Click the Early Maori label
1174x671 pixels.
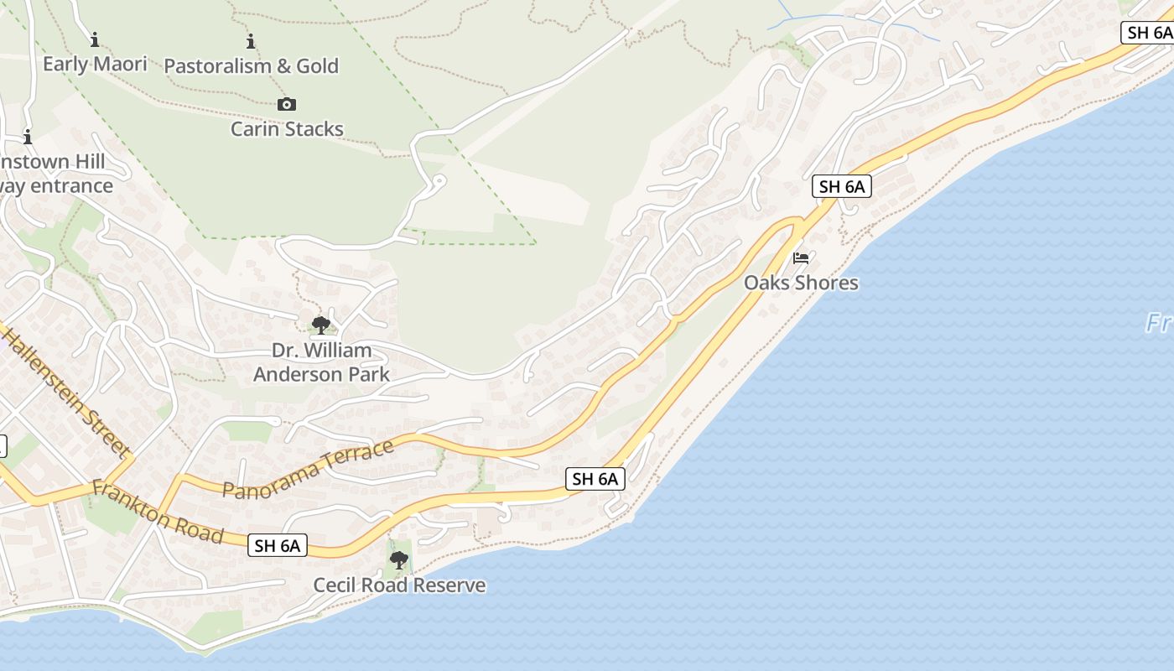pos(95,64)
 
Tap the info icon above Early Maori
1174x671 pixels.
pos(95,39)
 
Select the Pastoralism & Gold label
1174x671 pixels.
pos(251,65)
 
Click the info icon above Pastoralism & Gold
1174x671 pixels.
pos(251,40)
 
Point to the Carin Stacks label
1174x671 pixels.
pos(287,128)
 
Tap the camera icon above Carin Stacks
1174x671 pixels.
pos(287,104)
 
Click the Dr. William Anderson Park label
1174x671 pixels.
pos(321,362)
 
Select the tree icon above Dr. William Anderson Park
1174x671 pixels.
pos(320,325)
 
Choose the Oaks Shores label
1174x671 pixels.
pos(801,283)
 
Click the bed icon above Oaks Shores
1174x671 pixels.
pos(801,257)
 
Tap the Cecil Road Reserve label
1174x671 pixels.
pos(399,585)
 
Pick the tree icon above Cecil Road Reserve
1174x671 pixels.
pos(399,559)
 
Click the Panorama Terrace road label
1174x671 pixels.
pos(308,470)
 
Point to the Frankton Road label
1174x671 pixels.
pos(158,512)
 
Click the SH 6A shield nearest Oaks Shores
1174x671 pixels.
pos(841,186)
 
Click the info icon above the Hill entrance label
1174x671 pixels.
pos(28,137)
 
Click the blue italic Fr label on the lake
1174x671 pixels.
pos(1159,323)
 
